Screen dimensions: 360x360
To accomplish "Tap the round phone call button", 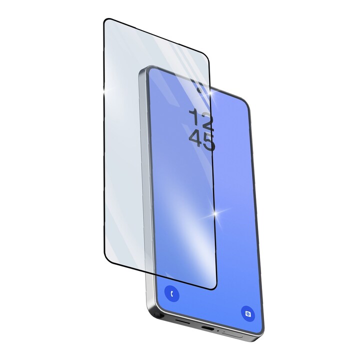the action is coord(172,293).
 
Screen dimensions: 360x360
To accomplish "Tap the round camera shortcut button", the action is coord(248,313).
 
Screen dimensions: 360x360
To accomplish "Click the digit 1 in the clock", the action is coord(194,117).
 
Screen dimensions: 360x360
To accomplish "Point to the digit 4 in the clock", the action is coord(195,137).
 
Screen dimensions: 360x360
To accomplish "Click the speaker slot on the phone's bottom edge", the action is coord(182,322).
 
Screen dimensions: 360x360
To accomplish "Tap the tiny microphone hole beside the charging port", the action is coord(218,331).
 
